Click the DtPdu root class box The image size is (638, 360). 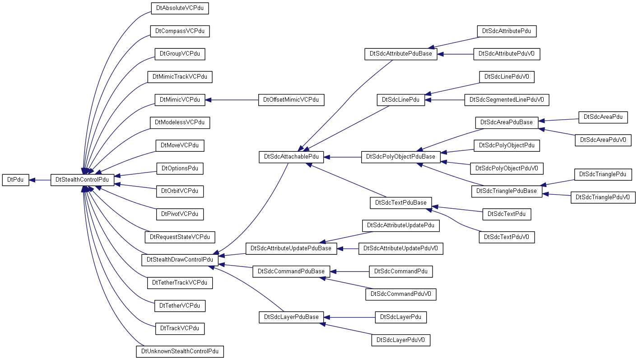click(16, 180)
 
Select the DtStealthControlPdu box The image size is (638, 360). click(82, 180)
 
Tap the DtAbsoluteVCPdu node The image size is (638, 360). click(180, 8)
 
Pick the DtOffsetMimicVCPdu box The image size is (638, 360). click(291, 100)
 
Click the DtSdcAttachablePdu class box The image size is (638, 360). click(291, 157)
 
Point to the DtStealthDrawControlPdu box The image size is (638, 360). click(180, 260)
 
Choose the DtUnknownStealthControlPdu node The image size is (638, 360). click(180, 351)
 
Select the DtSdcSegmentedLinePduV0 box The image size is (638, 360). click(507, 100)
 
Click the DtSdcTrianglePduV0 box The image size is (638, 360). click(603, 197)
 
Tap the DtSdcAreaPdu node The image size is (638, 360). click(603, 117)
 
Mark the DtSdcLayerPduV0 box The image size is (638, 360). click(401, 340)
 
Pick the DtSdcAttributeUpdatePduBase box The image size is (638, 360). click(291, 248)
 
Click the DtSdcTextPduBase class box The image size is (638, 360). click(401, 203)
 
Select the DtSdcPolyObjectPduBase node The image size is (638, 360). click(401, 157)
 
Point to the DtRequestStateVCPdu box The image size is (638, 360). click(180, 237)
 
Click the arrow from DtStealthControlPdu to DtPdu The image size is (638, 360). click(40, 180)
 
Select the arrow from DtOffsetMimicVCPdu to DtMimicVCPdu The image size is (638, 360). click(232, 100)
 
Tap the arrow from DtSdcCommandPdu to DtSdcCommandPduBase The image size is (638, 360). click(349, 271)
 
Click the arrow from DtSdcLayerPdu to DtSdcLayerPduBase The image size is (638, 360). click(349, 317)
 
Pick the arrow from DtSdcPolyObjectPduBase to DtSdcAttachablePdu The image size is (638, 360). click(342, 157)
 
